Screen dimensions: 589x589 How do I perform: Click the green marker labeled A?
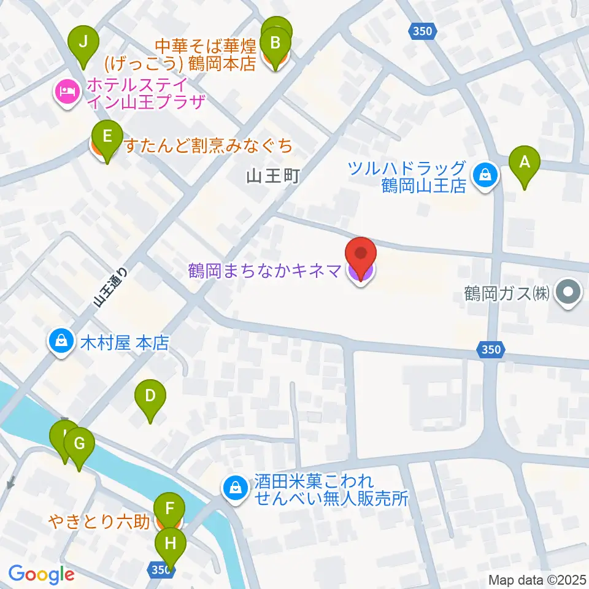525,163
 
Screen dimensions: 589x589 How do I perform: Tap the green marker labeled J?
85,42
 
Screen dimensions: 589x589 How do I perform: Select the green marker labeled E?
107,137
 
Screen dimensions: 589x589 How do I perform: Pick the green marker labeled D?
150,396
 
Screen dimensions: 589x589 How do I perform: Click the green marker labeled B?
275,44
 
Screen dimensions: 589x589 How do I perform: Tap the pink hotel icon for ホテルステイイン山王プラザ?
67,93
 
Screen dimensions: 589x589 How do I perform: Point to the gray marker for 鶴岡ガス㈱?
568,291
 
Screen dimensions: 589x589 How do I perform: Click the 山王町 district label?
272,177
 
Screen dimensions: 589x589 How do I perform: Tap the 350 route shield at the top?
423,31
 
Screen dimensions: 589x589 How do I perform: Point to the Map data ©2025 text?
537,580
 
